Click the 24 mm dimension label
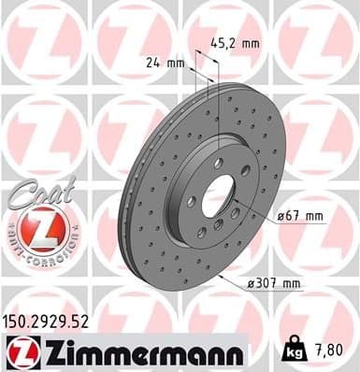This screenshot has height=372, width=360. coord(162,64)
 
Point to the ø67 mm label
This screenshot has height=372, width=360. coord(298,217)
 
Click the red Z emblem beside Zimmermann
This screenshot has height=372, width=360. coord(19,353)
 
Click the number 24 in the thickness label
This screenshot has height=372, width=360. coord(152,64)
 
